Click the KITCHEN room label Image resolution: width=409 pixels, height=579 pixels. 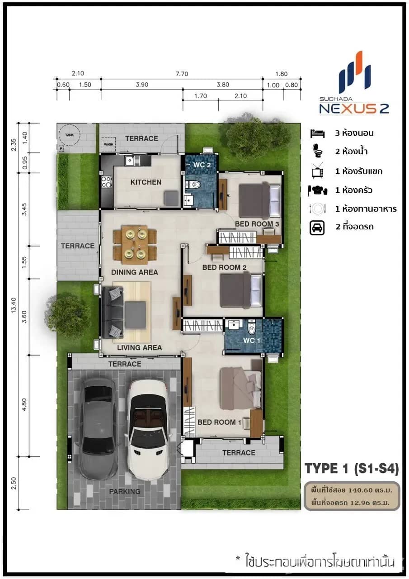pyautogui.click(x=146, y=182)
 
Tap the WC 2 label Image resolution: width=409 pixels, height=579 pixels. pyautogui.click(x=202, y=165)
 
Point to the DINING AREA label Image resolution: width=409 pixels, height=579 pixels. pyautogui.click(x=134, y=272)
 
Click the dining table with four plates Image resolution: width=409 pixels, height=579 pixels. pyautogui.click(x=135, y=245)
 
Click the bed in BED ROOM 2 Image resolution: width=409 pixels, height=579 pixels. pyautogui.click(x=240, y=289)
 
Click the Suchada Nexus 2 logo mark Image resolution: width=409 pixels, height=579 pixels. pyautogui.click(x=355, y=72)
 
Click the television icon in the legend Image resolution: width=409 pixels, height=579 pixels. pyautogui.click(x=317, y=171)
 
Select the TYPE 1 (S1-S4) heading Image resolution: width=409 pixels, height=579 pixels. pyautogui.click(x=352, y=469)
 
